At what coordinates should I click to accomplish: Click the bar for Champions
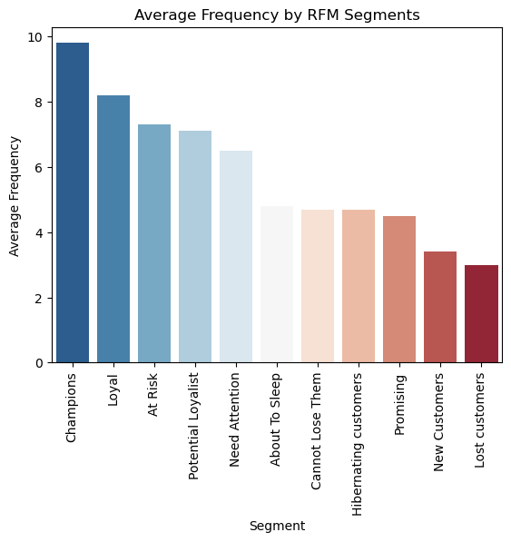(x=73, y=203)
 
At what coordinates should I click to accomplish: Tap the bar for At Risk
(x=154, y=243)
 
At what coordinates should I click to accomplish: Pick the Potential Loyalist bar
(x=195, y=247)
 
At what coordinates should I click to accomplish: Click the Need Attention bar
(x=236, y=257)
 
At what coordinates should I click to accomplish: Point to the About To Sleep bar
(x=277, y=284)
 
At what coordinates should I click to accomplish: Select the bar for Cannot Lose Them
(x=318, y=286)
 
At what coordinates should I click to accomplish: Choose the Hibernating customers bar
(x=359, y=286)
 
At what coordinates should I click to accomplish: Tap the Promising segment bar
(x=399, y=290)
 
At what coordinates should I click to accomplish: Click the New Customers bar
(x=440, y=307)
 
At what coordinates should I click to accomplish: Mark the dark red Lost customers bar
(x=481, y=314)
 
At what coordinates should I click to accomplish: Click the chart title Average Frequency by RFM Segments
(x=277, y=15)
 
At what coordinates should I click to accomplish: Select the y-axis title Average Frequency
(x=15, y=195)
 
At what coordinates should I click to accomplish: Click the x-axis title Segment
(x=277, y=526)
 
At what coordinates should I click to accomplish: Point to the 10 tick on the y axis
(x=34, y=37)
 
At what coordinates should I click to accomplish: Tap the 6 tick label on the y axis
(x=37, y=168)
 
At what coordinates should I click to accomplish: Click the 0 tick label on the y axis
(x=37, y=363)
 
